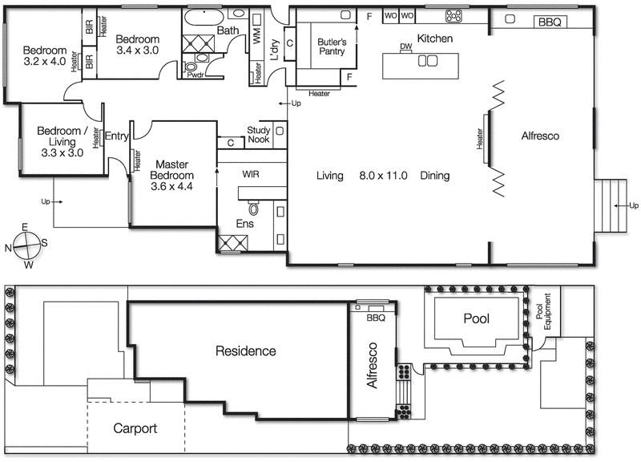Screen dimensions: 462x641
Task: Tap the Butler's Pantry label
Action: pyautogui.click(x=332, y=47)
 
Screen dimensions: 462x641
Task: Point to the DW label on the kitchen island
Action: pyautogui.click(x=406, y=47)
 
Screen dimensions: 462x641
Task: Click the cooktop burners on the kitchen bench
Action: pyautogui.click(x=454, y=15)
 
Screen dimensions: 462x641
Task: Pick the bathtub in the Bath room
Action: pyautogui.click(x=204, y=16)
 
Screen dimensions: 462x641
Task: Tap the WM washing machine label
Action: pyautogui.click(x=257, y=34)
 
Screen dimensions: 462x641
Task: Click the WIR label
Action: pyautogui.click(x=251, y=174)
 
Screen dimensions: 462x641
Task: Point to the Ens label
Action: pyautogui.click(x=244, y=224)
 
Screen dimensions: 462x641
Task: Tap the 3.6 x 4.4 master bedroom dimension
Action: pyautogui.click(x=172, y=187)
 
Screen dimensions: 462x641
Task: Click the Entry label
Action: pyautogui.click(x=116, y=136)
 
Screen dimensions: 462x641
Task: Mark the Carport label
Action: pyautogui.click(x=135, y=428)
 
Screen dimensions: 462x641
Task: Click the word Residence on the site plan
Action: pyautogui.click(x=245, y=351)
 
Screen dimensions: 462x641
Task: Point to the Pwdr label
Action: pyautogui.click(x=195, y=76)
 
